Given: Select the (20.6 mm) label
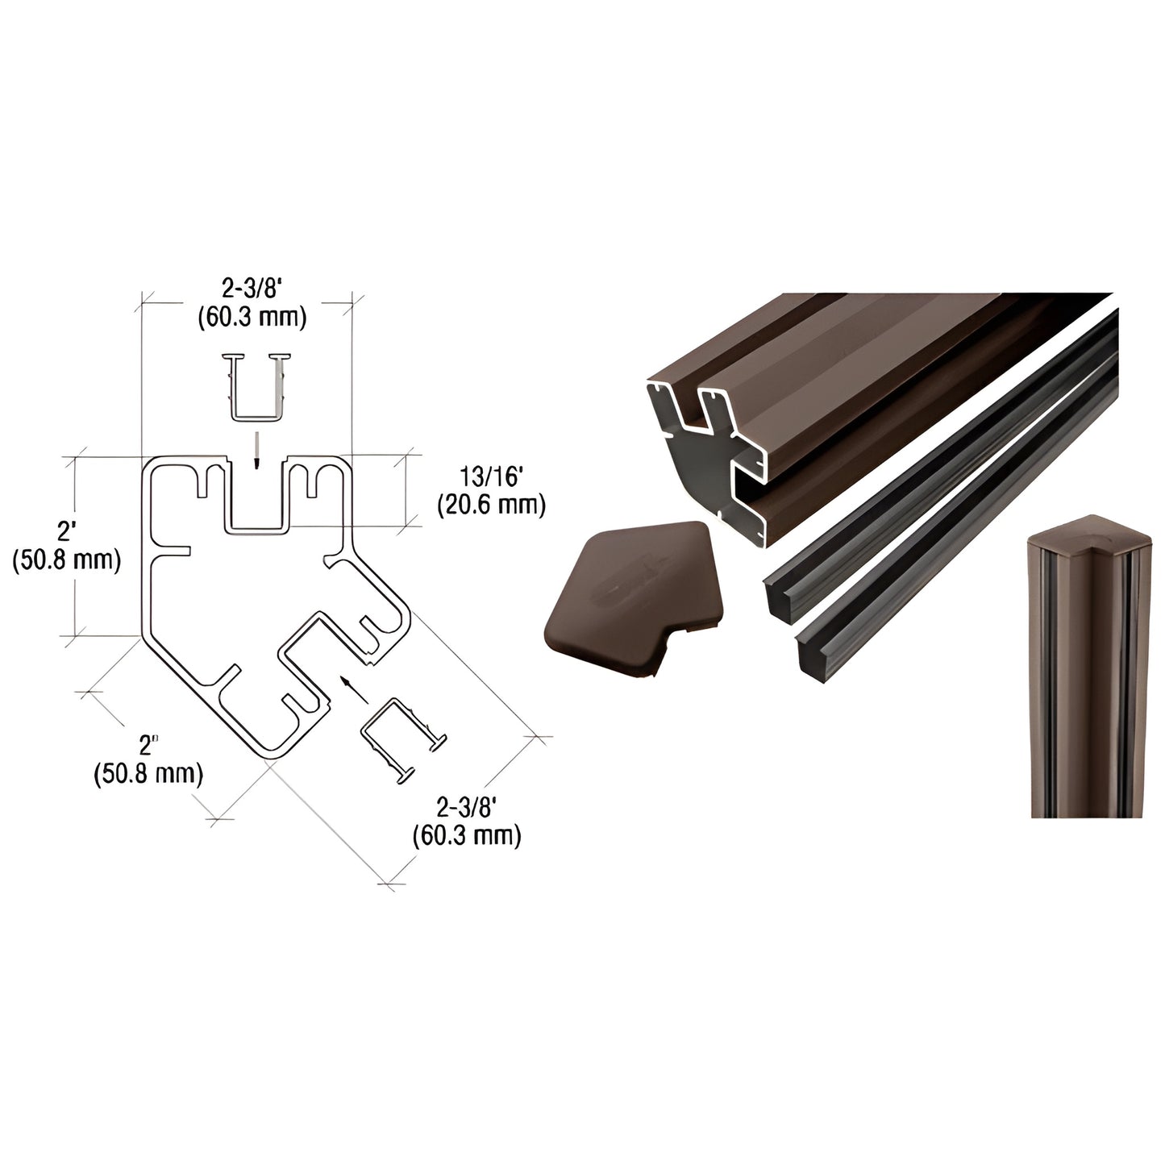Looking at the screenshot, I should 491,506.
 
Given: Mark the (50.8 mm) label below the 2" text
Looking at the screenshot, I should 148,774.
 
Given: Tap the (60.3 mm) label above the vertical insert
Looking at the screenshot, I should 252,318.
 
